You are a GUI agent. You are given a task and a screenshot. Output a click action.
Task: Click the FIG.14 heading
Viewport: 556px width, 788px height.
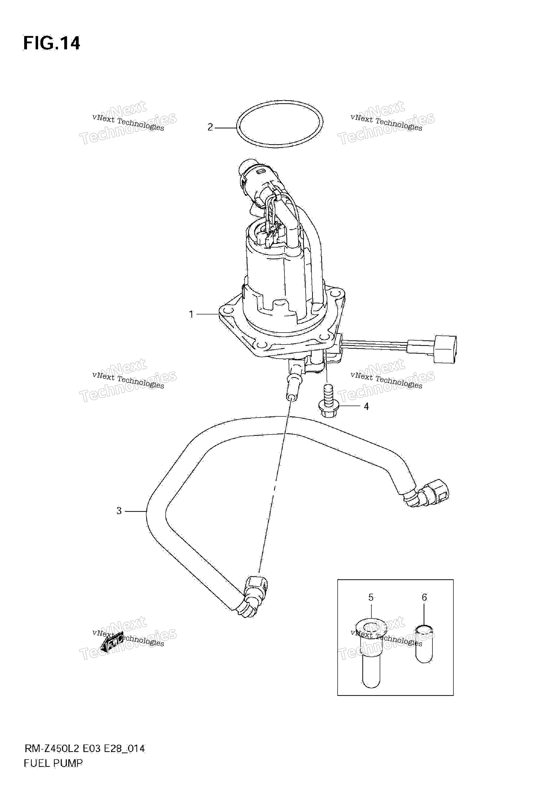click(52, 44)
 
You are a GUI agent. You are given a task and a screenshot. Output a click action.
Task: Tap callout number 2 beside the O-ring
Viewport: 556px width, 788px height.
click(210, 127)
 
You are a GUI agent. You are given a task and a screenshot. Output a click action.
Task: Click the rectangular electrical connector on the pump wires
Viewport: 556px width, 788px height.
click(445, 349)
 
